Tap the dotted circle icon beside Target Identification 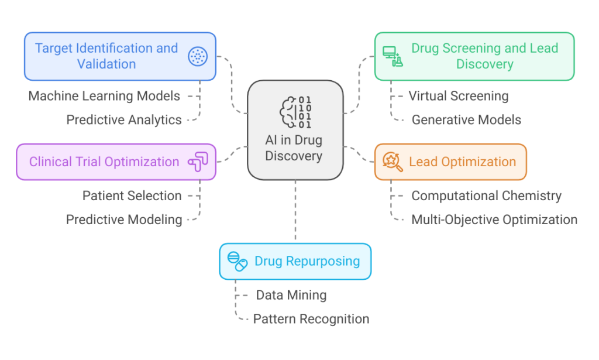[198, 56]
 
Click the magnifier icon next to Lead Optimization [392, 162]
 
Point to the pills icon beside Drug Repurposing [237, 261]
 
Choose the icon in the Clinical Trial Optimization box [197, 162]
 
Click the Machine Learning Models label [104, 96]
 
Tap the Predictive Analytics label [124, 120]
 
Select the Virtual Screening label [459, 96]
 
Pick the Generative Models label [466, 120]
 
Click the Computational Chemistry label [486, 196]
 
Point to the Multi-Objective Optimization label [494, 220]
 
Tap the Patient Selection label [132, 196]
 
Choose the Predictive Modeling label [124, 220]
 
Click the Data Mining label [291, 296]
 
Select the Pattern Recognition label [311, 320]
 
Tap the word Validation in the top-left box [106, 64]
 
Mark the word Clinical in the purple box [51, 162]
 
